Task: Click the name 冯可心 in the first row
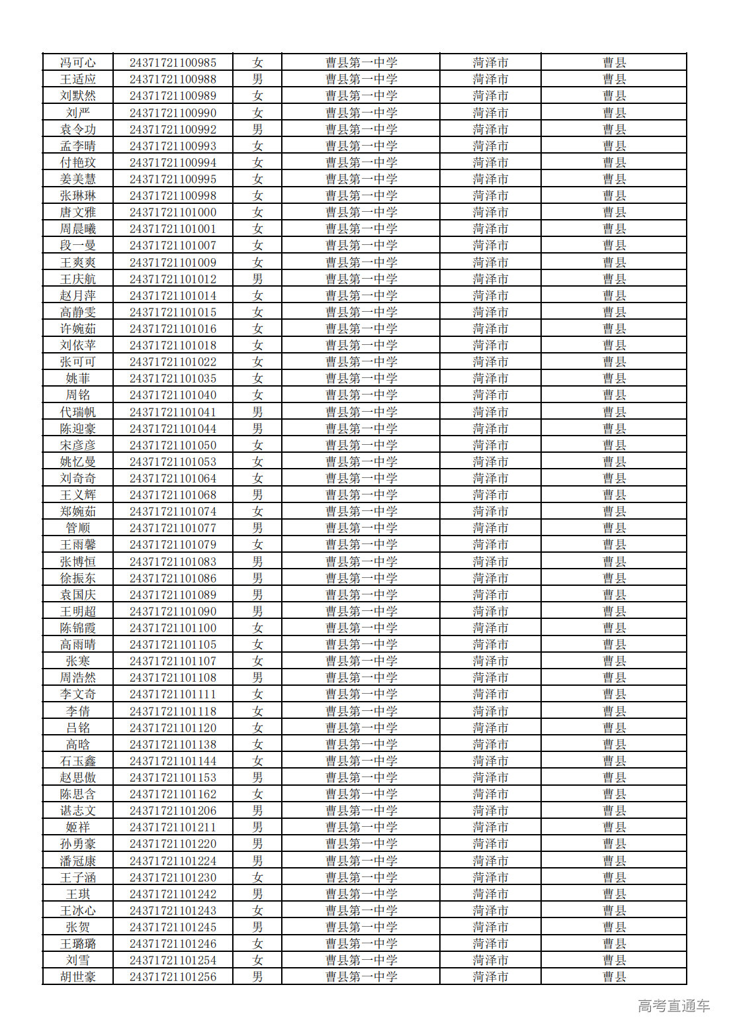(78, 63)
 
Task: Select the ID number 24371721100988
(173, 79)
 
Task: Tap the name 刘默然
(78, 96)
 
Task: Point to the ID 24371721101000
(173, 212)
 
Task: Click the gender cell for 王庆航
(257, 279)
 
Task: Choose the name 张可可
(78, 362)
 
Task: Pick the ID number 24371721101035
(173, 379)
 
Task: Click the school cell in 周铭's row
(361, 395)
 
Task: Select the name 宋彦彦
(78, 446)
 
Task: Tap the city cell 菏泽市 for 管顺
(490, 528)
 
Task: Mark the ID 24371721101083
(173, 562)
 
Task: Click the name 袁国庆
(78, 595)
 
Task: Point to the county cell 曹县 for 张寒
(614, 661)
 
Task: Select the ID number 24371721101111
(173, 694)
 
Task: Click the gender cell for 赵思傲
(257, 778)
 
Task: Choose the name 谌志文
(78, 811)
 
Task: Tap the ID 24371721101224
(173, 861)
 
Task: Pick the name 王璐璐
(78, 944)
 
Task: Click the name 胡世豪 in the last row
(78, 977)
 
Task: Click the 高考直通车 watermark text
(673, 1006)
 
